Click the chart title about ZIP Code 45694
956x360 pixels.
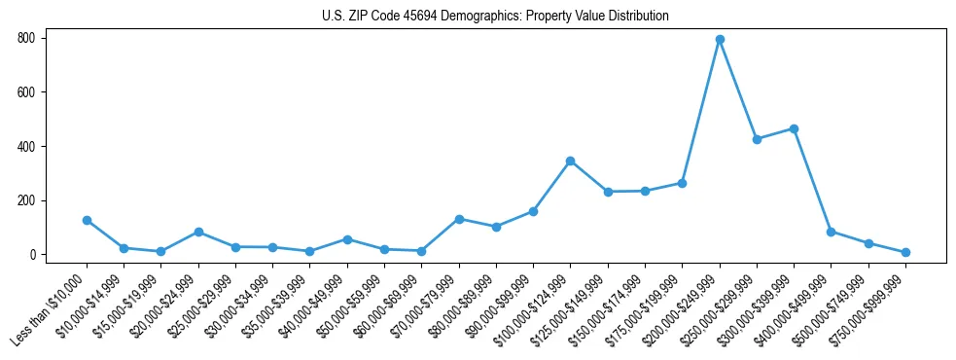495,17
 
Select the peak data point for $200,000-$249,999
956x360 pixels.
720,40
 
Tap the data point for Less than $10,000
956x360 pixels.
87,220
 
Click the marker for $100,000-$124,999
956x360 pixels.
571,161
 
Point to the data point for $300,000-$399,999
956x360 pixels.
795,128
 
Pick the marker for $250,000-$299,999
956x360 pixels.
757,139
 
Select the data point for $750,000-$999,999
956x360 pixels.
905,252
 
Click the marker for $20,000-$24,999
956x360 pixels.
198,232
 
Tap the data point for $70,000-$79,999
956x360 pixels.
459,219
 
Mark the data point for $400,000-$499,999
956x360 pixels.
832,232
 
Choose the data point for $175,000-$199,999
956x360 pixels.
683,183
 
